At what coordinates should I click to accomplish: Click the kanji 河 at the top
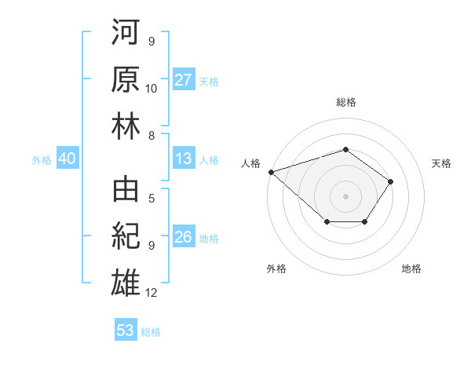point(126,33)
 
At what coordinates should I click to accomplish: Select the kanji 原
point(126,79)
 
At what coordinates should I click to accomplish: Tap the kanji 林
point(126,126)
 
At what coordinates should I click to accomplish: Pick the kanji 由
point(126,189)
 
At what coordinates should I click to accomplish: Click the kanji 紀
point(126,235)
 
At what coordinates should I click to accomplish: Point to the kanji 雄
point(126,281)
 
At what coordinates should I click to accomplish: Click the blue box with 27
point(184,80)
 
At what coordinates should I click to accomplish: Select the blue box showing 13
point(184,159)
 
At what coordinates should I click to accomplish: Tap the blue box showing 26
point(184,237)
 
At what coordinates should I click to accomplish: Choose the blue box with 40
point(67,159)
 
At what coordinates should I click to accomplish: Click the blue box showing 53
point(126,331)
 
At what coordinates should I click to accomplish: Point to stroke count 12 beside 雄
point(152,293)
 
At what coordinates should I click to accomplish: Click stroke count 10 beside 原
point(152,88)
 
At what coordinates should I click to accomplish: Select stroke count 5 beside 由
point(151,199)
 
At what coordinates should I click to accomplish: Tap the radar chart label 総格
point(345,102)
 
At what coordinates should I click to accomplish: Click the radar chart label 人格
point(250,163)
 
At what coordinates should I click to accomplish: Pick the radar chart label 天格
point(442,163)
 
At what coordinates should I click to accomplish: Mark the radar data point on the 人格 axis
point(271,171)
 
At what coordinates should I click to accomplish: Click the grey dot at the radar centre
point(345,195)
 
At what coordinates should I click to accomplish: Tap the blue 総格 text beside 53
point(151,332)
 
